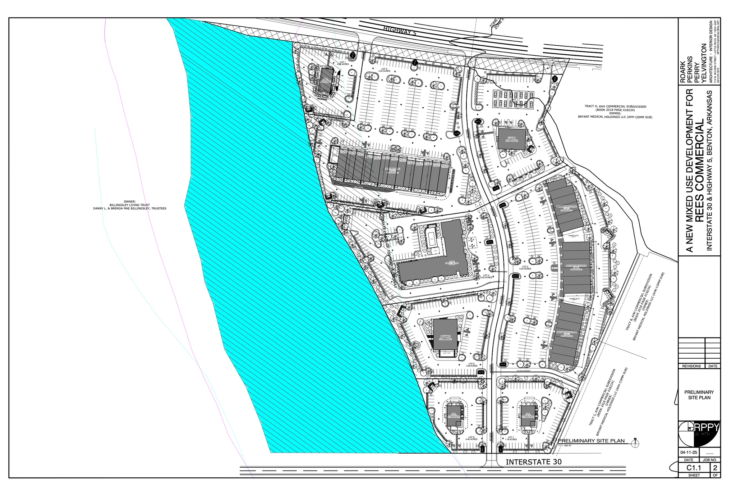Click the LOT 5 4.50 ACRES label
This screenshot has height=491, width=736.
pos(525,268)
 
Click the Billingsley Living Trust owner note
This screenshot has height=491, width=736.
pos(130,205)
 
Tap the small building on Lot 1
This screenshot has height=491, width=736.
pos(74,80)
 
